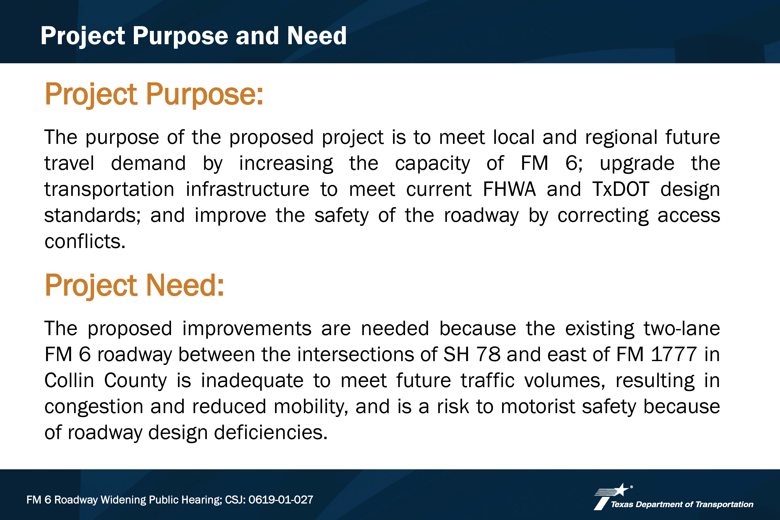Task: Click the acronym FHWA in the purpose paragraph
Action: coord(509,189)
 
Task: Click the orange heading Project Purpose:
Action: coord(154,95)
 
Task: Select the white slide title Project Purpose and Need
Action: coord(194,36)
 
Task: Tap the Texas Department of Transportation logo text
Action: coord(682,504)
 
